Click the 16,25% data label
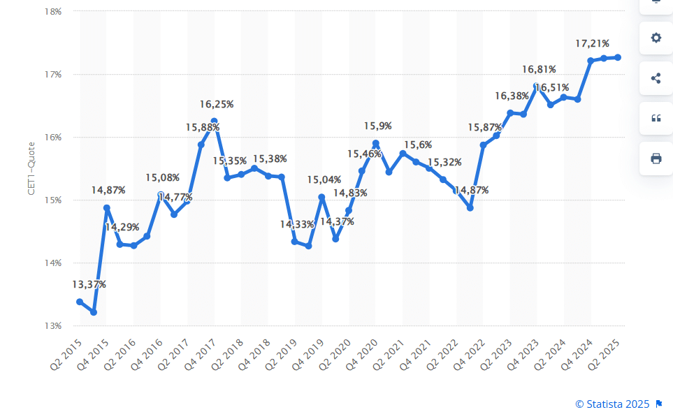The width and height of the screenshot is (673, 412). (217, 104)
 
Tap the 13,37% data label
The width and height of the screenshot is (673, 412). (89, 284)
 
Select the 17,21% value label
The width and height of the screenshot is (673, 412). (592, 43)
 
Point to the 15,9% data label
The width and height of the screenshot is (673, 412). (378, 126)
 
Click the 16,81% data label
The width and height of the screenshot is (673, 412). (540, 69)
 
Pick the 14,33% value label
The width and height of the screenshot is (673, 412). (298, 224)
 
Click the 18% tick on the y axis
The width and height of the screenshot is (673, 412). (53, 11)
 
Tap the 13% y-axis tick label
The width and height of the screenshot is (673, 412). (53, 325)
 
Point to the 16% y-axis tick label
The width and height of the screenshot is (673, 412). (53, 137)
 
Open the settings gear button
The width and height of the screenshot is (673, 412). (656, 38)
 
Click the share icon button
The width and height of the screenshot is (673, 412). (656, 78)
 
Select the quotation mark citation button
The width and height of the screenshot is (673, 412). (656, 118)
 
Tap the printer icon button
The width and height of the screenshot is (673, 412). (656, 159)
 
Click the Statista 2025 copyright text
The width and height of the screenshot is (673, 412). (612, 404)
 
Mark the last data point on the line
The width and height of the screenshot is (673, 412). (618, 57)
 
